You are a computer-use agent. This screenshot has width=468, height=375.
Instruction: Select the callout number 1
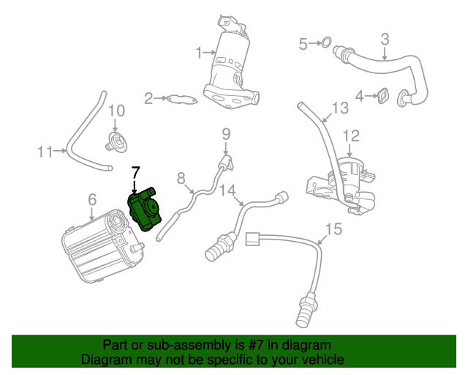[x=198, y=53]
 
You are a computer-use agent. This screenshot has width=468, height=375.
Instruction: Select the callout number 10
[x=116, y=111]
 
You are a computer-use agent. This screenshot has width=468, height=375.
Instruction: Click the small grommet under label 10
[x=115, y=141]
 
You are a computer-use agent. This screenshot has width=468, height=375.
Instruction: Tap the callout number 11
[x=45, y=152]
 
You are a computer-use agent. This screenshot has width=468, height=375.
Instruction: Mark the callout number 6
[x=91, y=198]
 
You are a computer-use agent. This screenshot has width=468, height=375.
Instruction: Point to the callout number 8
[x=181, y=177]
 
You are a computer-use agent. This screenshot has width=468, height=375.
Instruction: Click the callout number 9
[x=226, y=133]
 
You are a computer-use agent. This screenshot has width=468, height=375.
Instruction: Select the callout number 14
[x=228, y=189]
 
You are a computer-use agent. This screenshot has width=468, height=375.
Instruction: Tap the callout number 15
[x=333, y=229]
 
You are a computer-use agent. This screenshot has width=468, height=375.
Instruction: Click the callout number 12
[x=351, y=135]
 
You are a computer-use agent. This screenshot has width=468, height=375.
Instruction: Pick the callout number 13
[x=340, y=109]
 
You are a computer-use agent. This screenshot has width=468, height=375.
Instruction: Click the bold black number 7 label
[x=134, y=173]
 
